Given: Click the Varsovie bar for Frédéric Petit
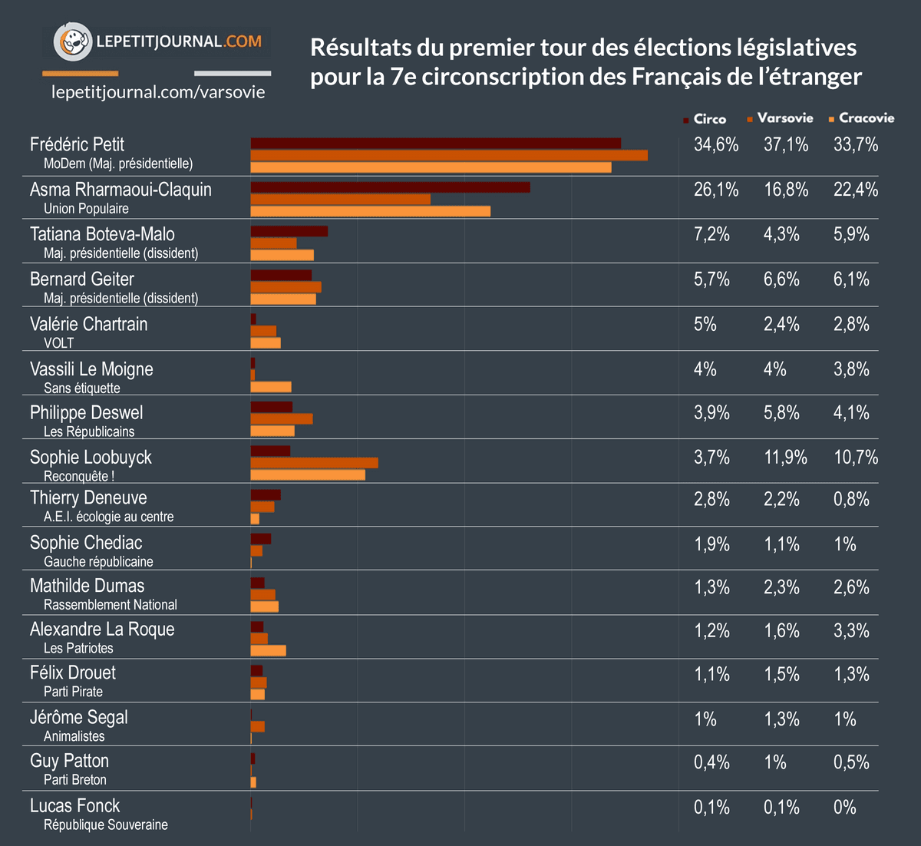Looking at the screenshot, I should (449, 155).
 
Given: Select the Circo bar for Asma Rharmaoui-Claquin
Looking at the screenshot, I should (390, 187).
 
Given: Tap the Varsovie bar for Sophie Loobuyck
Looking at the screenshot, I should (314, 462).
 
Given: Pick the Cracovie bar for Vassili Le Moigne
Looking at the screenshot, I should (271, 387).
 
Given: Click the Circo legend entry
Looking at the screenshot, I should (705, 119).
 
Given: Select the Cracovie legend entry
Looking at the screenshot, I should (862, 118).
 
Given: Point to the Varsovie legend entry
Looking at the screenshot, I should (780, 118).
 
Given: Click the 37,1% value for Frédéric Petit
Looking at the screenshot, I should (786, 144).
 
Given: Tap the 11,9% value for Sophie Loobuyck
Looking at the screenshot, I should (785, 458).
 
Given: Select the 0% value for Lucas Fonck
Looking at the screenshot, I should (844, 807).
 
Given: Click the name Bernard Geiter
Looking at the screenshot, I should (82, 279).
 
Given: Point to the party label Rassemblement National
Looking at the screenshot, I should (111, 605).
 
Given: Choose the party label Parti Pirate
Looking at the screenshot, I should (73, 692).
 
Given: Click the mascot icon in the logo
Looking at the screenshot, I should (72, 41).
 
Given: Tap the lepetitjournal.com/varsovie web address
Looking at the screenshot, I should (158, 92).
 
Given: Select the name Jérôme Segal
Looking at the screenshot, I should (79, 717).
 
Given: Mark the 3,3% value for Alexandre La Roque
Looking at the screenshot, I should (851, 631).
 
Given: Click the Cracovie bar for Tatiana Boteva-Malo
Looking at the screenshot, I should (282, 255).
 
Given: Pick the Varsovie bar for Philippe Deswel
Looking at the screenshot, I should (281, 418).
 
